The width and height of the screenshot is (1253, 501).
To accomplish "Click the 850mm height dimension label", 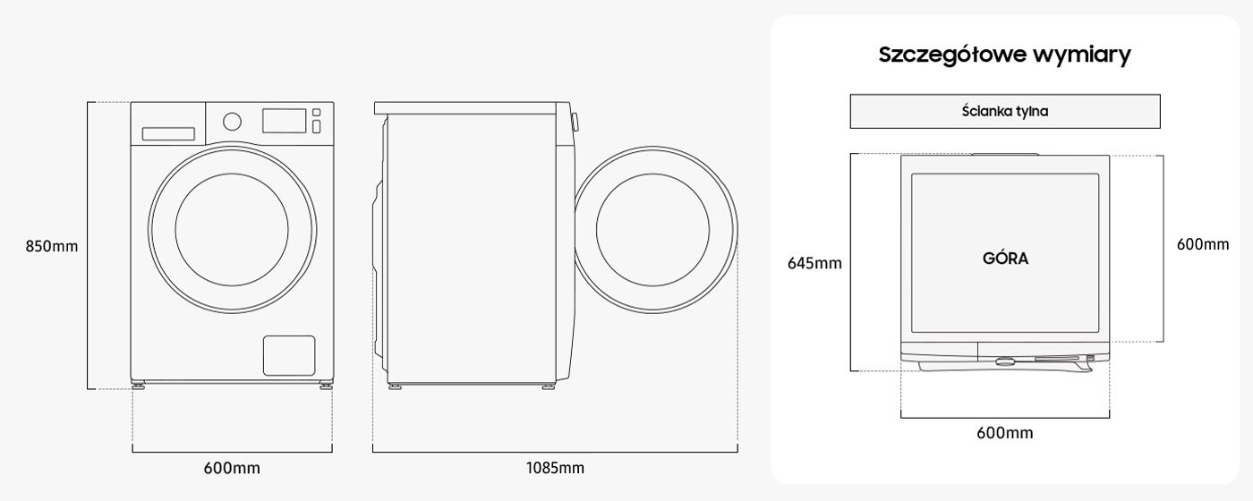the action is click(x=52, y=246).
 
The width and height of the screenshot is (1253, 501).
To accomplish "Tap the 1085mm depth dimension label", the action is click(x=555, y=468).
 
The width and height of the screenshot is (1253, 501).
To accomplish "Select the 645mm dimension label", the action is click(x=814, y=263).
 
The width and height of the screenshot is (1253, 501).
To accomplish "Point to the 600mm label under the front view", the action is click(x=232, y=468).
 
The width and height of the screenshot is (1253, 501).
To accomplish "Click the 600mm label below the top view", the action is click(x=1004, y=433).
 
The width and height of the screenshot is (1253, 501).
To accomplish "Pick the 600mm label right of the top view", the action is click(x=1203, y=244).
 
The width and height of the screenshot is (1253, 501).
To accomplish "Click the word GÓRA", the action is click(x=1005, y=259).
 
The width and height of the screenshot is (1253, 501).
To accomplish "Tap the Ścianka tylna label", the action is click(x=1004, y=111).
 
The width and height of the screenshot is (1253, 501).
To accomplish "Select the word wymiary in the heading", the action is click(x=1082, y=55).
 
